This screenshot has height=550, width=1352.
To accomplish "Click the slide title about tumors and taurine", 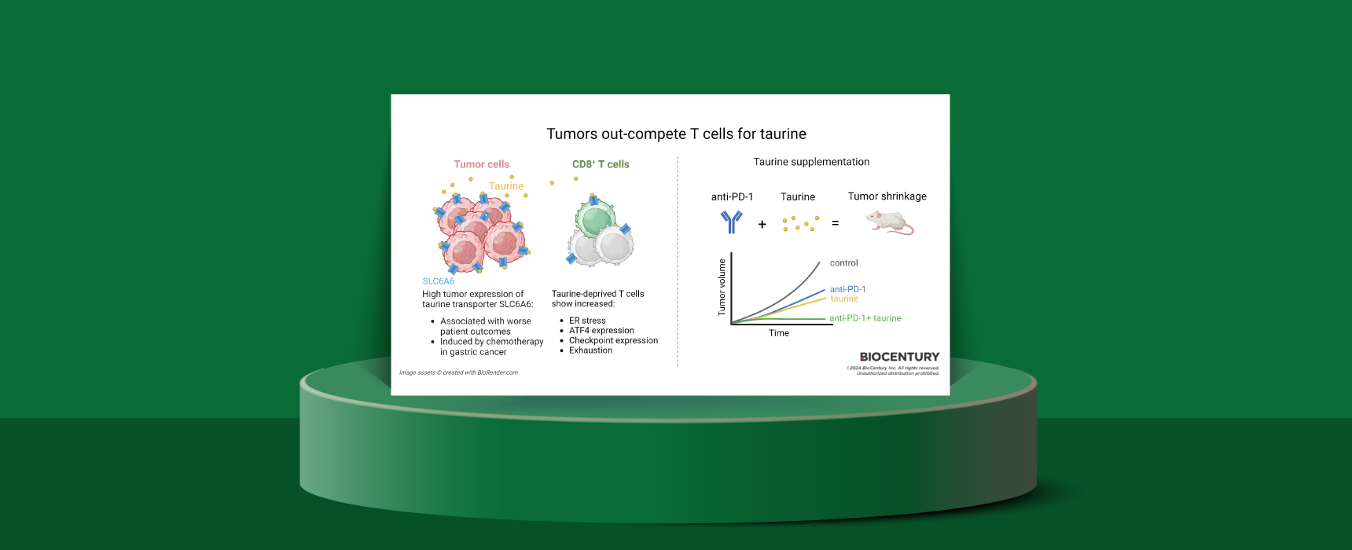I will click(676, 134).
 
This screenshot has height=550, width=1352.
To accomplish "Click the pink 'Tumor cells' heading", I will click(481, 164).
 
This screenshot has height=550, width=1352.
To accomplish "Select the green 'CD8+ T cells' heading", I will click(601, 164).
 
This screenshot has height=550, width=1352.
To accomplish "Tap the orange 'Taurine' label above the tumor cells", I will click(506, 186).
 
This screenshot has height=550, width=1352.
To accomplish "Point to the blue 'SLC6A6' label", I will click(438, 281).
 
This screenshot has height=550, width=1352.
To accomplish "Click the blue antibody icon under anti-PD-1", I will click(731, 222).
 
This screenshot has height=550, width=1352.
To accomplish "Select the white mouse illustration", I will click(889, 223).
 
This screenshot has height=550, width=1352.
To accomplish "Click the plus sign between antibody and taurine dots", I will click(762, 225).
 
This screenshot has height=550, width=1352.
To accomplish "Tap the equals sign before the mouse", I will click(835, 223).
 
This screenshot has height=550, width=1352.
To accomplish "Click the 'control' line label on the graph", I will click(843, 263).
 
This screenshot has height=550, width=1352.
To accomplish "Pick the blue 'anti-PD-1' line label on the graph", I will click(847, 289).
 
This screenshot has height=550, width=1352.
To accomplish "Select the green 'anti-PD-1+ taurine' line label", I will click(865, 318).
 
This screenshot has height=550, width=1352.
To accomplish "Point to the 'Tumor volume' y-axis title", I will click(722, 288).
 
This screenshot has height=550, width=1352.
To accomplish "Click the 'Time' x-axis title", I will click(778, 333).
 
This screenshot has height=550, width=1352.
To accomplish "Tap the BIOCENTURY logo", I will click(899, 357).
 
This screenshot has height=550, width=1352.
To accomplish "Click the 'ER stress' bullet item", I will click(587, 321).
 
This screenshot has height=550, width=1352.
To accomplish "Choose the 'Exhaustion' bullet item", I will click(590, 350).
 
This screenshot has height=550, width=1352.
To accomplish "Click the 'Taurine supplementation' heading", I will click(811, 162).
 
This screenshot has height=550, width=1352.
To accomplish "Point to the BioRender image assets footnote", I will click(458, 372).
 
